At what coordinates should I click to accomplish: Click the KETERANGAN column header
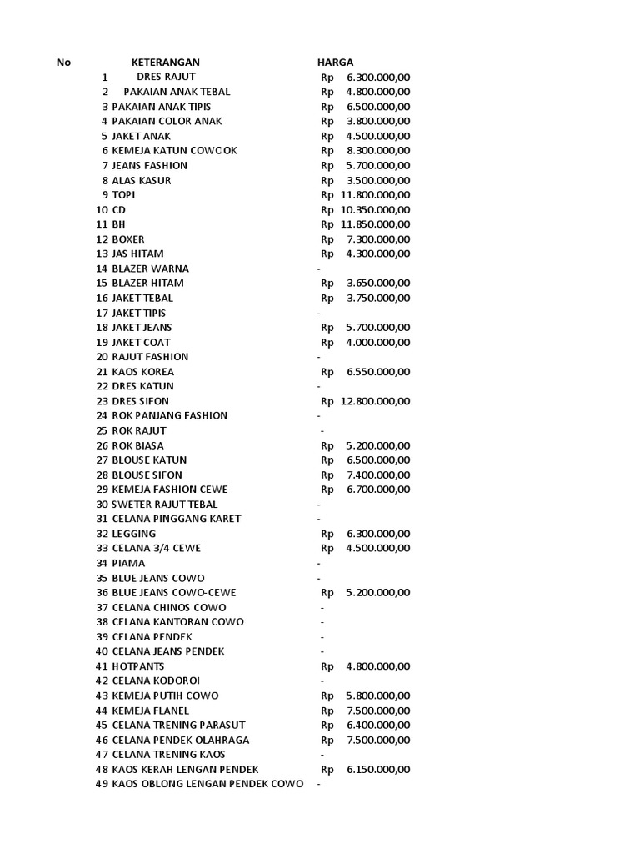pos(165,63)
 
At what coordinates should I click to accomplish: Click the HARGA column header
pos(335,63)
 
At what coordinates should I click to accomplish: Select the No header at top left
pos(64,63)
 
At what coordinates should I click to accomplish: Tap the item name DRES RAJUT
pos(166,77)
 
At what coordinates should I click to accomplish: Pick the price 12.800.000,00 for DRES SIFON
pos(375,401)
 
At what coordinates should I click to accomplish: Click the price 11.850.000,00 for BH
pos(375,224)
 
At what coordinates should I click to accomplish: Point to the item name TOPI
pos(123,195)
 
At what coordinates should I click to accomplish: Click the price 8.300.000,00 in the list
pos(378,151)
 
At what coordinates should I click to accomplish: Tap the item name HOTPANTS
pos(138,666)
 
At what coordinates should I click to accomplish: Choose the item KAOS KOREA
pos(143,372)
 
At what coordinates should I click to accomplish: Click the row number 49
pos(102,784)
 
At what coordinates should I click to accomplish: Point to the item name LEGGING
pos(134,534)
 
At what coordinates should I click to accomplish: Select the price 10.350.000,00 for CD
pos(375,210)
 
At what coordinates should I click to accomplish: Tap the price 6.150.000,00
pos(378,770)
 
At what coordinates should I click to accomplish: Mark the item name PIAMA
pos(128,563)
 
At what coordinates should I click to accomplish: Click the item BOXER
pos(128,239)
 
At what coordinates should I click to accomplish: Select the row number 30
pos(102,505)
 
